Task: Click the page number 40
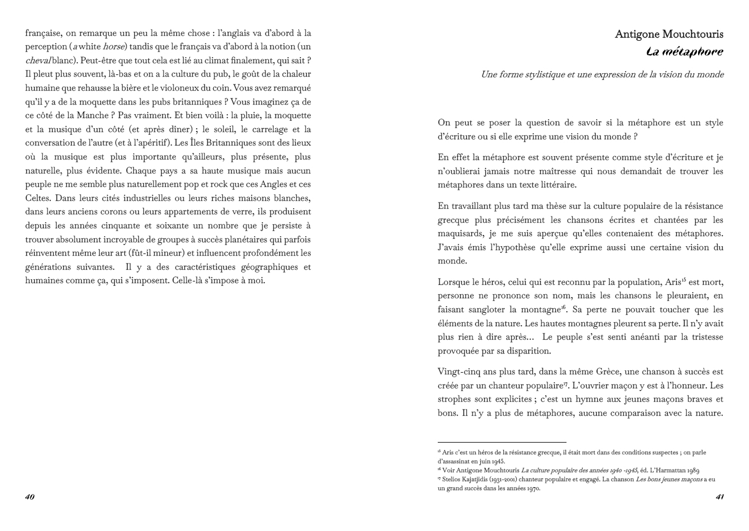click(30, 497)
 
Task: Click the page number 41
click(720, 497)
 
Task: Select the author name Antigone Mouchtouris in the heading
click(669, 34)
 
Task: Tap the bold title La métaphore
click(684, 52)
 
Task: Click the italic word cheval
click(38, 60)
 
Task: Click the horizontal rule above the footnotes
click(502, 443)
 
